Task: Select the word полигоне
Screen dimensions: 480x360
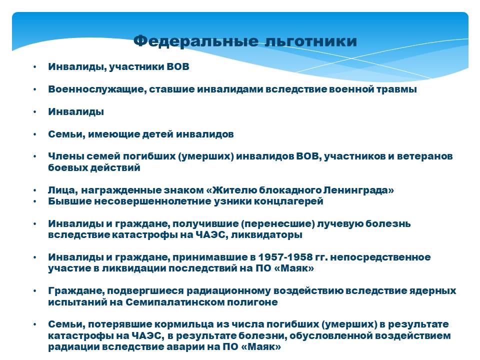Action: point(252,302)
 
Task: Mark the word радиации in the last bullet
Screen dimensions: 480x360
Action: point(73,347)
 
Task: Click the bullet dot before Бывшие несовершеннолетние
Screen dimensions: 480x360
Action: point(35,201)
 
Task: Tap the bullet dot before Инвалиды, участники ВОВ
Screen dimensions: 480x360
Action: point(35,67)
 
